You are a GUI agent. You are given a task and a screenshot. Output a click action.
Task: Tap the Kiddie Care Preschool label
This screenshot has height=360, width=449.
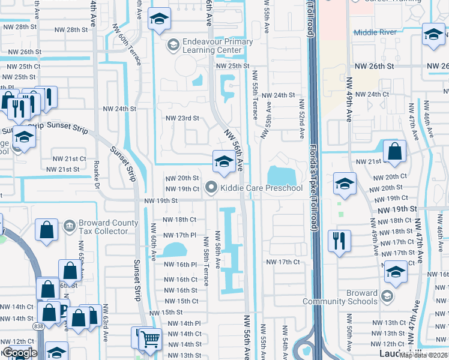click(261, 188)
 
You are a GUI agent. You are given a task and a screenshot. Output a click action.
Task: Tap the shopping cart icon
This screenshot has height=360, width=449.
click(150, 340)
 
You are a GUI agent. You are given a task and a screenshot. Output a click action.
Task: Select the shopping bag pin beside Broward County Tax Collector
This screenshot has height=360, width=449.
click(46, 230)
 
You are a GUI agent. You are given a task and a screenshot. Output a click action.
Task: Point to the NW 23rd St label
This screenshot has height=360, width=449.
click(182, 118)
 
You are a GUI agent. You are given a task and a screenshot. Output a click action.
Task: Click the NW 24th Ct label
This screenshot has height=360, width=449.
click(378, 95)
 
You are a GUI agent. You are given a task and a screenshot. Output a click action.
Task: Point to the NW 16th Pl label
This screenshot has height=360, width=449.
click(181, 265)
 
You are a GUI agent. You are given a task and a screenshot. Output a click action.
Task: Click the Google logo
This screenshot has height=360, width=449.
click(20, 353)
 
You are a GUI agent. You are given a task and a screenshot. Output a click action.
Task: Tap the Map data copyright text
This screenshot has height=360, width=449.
click(424, 355)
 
